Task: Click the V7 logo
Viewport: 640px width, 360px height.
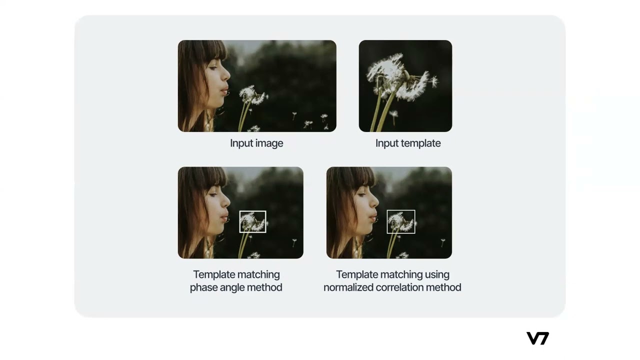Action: [537, 338]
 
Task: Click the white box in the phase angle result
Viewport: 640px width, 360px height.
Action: [239, 221]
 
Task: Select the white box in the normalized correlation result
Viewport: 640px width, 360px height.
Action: [387, 221]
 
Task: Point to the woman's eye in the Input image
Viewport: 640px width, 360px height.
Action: [213, 67]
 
